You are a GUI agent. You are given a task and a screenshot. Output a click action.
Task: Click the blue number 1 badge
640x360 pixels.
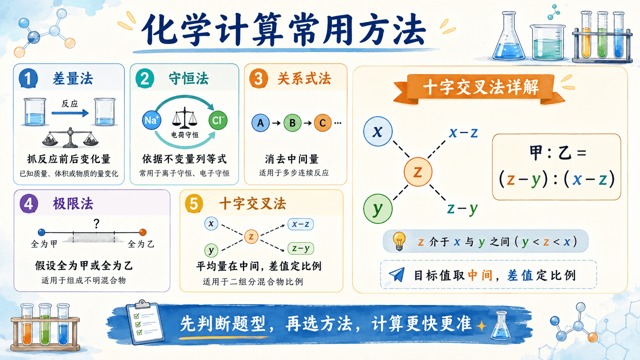pos(28,78)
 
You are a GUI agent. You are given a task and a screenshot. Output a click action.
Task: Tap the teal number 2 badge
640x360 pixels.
pos(145,78)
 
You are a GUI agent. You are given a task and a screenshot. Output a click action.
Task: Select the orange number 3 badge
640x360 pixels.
pos(259,78)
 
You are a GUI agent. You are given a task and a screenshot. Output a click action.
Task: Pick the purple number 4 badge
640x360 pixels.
pos(29,204)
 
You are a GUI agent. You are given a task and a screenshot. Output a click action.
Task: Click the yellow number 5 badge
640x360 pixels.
pos(194,204)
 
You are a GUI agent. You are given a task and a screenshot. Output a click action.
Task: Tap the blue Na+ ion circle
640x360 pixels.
pos(152,120)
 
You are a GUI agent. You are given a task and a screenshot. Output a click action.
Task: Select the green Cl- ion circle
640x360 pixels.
pos(218,120)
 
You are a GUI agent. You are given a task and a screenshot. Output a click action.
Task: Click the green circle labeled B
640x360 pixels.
pos(292,123)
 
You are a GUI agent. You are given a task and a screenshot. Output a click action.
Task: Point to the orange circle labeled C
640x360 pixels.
pos(323,123)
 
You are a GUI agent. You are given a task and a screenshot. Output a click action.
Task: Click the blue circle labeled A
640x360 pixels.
pos(261,123)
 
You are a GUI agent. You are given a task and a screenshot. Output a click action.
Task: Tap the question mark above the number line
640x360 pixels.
pos(96,223)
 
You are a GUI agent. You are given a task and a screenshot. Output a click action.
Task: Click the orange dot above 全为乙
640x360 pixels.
pos(143,232)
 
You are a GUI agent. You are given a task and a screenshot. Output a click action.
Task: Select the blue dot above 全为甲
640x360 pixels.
pos(42,232)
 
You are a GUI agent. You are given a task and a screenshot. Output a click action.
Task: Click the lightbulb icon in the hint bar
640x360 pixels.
pos(400,241)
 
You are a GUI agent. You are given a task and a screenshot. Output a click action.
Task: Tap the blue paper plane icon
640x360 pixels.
pos(397,275)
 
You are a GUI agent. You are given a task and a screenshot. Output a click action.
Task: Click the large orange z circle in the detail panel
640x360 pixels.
pos(418,172)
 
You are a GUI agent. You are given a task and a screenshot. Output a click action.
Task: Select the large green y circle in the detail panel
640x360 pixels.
pos(378,209)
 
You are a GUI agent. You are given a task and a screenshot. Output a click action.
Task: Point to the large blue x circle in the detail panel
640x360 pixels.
pos(378,131)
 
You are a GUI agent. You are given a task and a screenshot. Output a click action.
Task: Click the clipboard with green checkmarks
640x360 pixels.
pos(145,324)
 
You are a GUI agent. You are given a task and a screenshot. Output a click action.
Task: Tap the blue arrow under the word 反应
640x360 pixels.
pos(70,113)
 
